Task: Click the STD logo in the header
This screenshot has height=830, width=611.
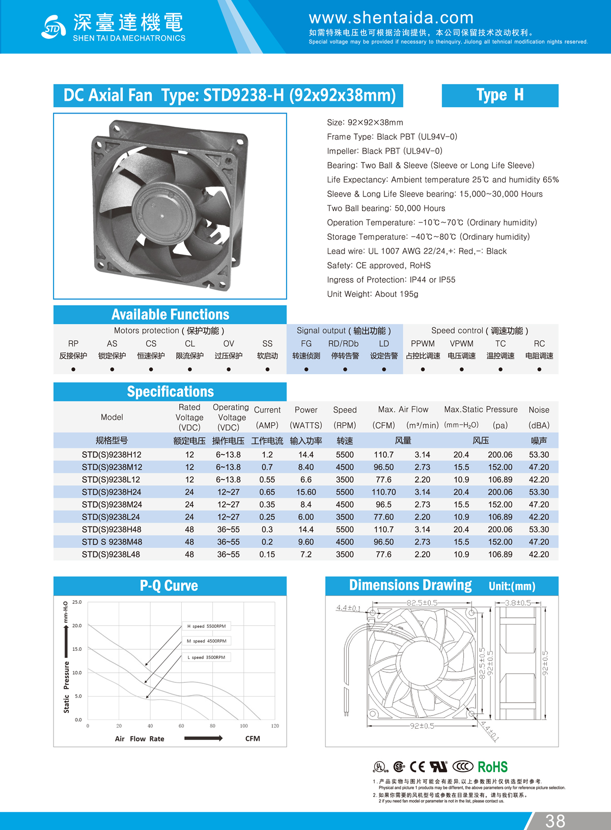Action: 53,27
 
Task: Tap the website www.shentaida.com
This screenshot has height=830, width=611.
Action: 391,18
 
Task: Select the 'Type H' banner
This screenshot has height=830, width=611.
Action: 499,95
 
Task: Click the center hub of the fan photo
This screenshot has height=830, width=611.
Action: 162,216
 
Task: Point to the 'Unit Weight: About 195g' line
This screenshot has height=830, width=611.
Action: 372,294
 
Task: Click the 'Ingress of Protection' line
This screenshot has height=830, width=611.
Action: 391,280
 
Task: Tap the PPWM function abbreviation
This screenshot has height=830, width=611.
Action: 423,344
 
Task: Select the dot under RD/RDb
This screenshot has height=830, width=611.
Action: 345,369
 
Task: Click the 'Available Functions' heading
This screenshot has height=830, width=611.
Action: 170,314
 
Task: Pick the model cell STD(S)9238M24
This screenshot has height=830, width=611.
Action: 112,505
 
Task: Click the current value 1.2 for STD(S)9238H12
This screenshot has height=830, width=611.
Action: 267,455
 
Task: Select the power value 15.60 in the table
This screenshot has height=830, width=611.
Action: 306,492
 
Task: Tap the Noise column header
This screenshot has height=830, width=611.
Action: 539,410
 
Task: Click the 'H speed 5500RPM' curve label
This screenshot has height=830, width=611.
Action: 206,626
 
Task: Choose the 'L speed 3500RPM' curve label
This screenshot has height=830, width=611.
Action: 206,657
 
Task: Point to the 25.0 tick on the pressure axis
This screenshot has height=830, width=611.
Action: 77,602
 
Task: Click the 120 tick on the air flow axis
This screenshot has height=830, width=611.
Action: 275,726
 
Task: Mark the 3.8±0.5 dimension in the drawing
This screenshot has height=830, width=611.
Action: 518,603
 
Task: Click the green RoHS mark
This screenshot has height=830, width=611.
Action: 492,767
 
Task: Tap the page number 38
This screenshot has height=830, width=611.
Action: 555,820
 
